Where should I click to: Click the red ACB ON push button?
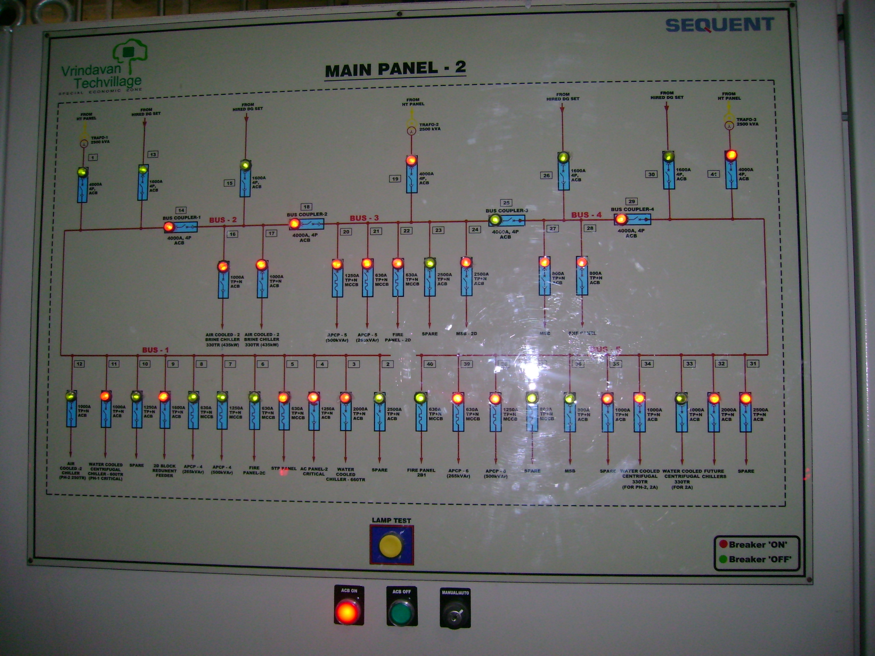pos(348,612)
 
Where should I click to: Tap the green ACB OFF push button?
pos(402,612)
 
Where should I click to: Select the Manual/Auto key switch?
pos(455,614)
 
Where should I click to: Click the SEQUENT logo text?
pos(719,25)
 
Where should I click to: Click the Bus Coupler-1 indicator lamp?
pos(169,226)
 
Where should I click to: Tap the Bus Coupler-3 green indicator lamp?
pos(495,220)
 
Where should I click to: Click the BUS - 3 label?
pos(364,218)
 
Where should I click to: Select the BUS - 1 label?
pos(155,350)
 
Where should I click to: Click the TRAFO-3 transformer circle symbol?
pos(729,126)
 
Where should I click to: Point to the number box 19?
pos(396,179)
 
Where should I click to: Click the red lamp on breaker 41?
pos(731,155)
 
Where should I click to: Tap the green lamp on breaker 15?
pos(245,165)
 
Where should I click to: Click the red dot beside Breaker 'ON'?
pos(723,544)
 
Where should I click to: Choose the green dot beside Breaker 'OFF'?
pos(723,559)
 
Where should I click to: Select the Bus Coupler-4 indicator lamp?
pos(621,219)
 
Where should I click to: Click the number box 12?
pos(79,364)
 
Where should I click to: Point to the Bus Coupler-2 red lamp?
pos(294,223)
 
